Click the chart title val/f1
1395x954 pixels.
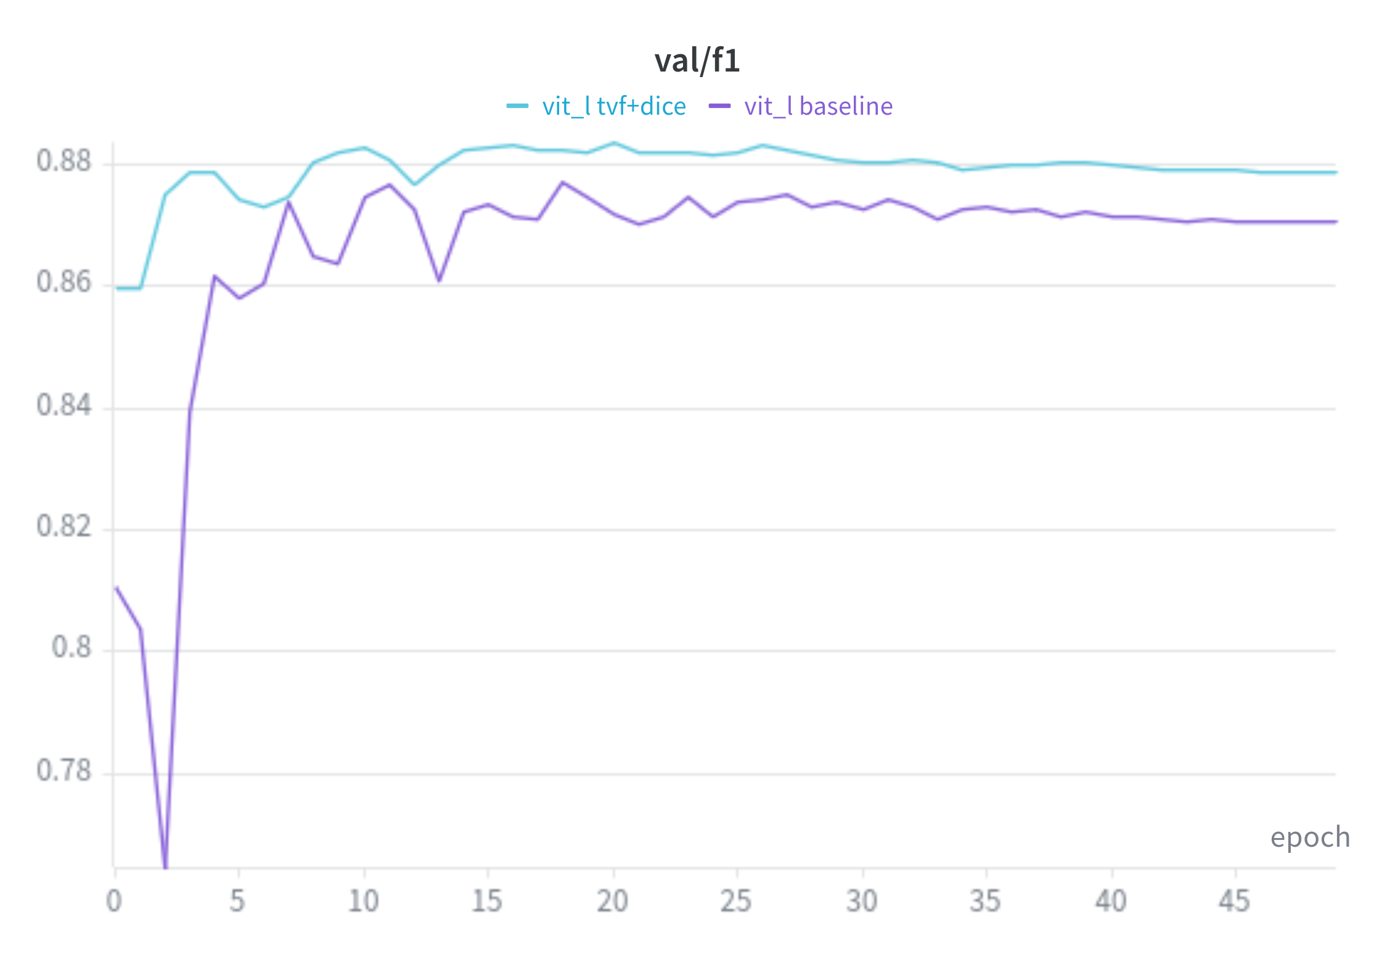tap(697, 61)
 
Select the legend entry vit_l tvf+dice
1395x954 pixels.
tap(614, 107)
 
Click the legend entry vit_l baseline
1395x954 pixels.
tap(818, 107)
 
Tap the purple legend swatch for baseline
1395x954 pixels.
tap(719, 106)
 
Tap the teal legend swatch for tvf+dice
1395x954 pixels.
tap(517, 106)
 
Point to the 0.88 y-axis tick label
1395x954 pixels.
tap(63, 162)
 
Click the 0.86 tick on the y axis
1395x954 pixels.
tap(63, 282)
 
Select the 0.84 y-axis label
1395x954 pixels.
tap(63, 406)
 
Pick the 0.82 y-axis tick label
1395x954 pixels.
tap(63, 527)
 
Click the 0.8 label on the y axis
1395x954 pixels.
tap(72, 648)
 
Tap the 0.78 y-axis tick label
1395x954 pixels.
tap(63, 771)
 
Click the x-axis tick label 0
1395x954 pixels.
tap(114, 902)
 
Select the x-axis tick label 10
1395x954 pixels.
tap(363, 902)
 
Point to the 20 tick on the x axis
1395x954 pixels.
tap(612, 902)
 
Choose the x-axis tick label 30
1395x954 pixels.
tap(862, 902)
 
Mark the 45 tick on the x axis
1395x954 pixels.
tap(1234, 902)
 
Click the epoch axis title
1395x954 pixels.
tap(1310, 837)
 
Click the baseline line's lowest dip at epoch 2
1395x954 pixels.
tap(165, 866)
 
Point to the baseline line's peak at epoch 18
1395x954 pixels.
tap(562, 183)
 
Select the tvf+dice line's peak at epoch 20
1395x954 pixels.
tap(613, 143)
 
